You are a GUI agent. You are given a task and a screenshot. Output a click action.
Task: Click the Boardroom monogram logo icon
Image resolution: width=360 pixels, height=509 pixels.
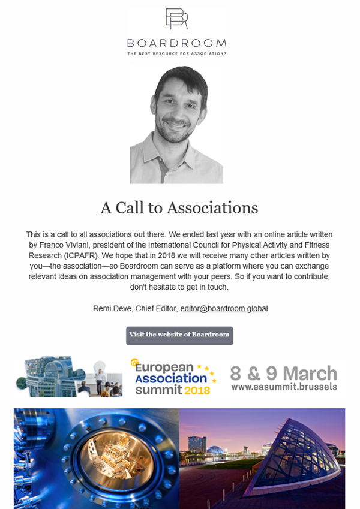pos(176,19)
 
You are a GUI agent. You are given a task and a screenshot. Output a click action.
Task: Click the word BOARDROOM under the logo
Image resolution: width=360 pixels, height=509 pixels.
pos(176,43)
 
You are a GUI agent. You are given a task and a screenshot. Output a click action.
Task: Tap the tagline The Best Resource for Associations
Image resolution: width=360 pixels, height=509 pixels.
pos(176,54)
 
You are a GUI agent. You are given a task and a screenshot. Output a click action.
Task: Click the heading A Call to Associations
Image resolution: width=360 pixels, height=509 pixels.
pos(179,207)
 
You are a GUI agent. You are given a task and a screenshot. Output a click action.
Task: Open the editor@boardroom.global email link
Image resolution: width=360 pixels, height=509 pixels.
pos(224,308)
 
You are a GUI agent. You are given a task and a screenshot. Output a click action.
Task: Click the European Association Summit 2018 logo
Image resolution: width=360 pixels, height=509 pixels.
pos(172,377)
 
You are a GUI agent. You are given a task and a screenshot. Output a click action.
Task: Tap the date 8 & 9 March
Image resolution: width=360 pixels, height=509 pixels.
pos(283,372)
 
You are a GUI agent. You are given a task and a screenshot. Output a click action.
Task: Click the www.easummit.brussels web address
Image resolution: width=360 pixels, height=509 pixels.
pos(283,387)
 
